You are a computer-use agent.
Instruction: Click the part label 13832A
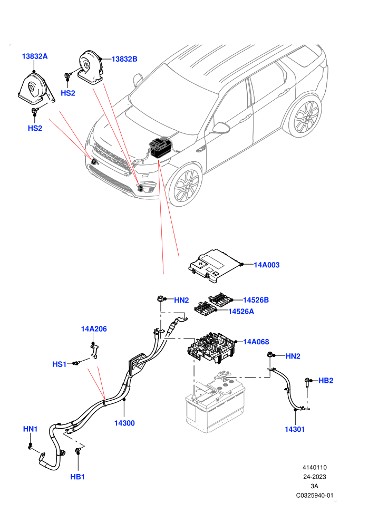pyautogui.click(x=35, y=56)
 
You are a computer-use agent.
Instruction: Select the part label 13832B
pyautogui.click(x=124, y=59)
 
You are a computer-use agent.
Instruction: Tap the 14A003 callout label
pyautogui.click(x=267, y=265)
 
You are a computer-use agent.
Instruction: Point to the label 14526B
pyautogui.click(x=256, y=300)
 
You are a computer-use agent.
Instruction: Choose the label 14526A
pyautogui.click(x=241, y=311)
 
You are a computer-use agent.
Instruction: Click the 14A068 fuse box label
pyautogui.click(x=256, y=342)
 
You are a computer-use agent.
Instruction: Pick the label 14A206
pyautogui.click(x=94, y=329)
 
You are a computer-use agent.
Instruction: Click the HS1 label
pyautogui.click(x=60, y=364)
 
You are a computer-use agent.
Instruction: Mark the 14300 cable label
pyautogui.click(x=124, y=423)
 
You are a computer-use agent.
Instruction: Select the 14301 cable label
pyautogui.click(x=295, y=429)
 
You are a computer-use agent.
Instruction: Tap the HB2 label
pyautogui.click(x=326, y=381)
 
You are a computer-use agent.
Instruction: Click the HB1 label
pyautogui.click(x=77, y=477)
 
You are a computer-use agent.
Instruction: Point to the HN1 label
pyautogui.click(x=30, y=429)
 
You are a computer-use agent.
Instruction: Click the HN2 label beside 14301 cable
pyautogui.click(x=293, y=356)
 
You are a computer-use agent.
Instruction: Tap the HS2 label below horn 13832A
pyautogui.click(x=35, y=128)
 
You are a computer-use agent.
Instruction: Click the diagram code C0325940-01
pyautogui.click(x=314, y=495)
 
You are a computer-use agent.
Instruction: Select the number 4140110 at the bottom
pyautogui.click(x=314, y=467)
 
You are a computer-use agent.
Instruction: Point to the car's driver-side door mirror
pyautogui.click(x=221, y=128)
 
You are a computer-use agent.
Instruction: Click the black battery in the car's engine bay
pyautogui.click(x=161, y=148)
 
